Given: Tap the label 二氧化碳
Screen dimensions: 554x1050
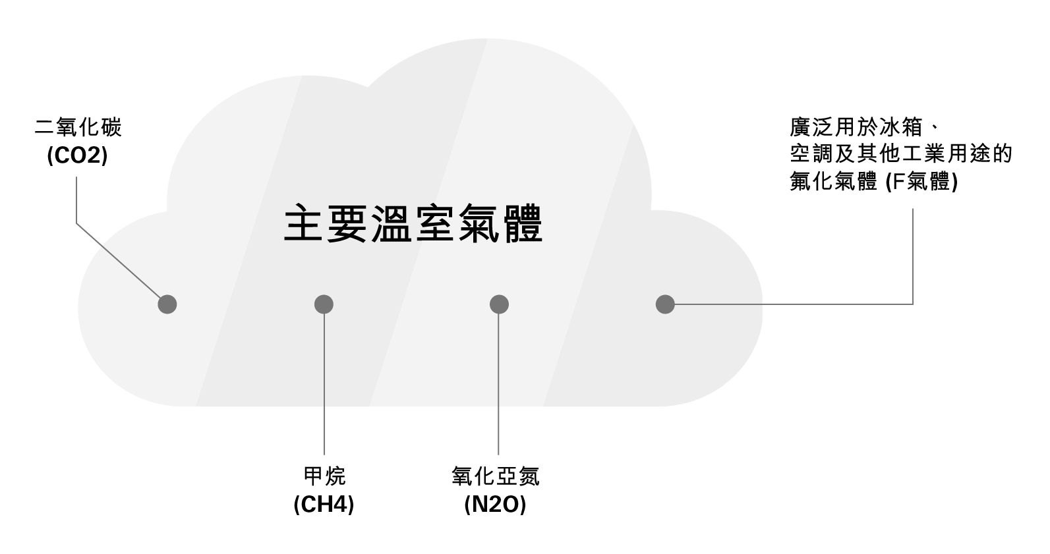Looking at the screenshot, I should click(x=78, y=127).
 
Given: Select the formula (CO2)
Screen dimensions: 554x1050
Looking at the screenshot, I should click(x=78, y=156).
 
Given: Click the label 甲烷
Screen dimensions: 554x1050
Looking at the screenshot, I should click(x=324, y=476).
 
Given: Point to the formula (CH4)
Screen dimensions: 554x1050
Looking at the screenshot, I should click(x=324, y=505).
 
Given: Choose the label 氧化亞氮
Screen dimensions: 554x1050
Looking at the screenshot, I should click(x=495, y=476).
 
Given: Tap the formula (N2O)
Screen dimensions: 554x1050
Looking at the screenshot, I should click(x=495, y=505).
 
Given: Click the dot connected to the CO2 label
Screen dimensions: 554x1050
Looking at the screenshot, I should click(x=167, y=304).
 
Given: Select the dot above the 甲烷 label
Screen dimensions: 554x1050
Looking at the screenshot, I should click(x=324, y=304).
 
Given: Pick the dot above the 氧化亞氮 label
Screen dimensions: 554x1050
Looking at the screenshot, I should click(x=499, y=304).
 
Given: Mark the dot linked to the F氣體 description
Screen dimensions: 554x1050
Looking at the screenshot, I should click(x=665, y=304).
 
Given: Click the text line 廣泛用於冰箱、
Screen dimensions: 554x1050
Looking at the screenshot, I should click(x=863, y=126).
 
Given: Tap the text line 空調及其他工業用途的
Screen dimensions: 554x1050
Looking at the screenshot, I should click(x=900, y=154).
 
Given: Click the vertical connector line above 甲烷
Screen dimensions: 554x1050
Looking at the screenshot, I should click(x=324, y=382).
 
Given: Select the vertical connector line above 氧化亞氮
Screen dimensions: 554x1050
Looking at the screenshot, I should click(x=498, y=382).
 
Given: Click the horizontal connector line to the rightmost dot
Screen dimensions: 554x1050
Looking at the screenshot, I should click(x=791, y=304).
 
